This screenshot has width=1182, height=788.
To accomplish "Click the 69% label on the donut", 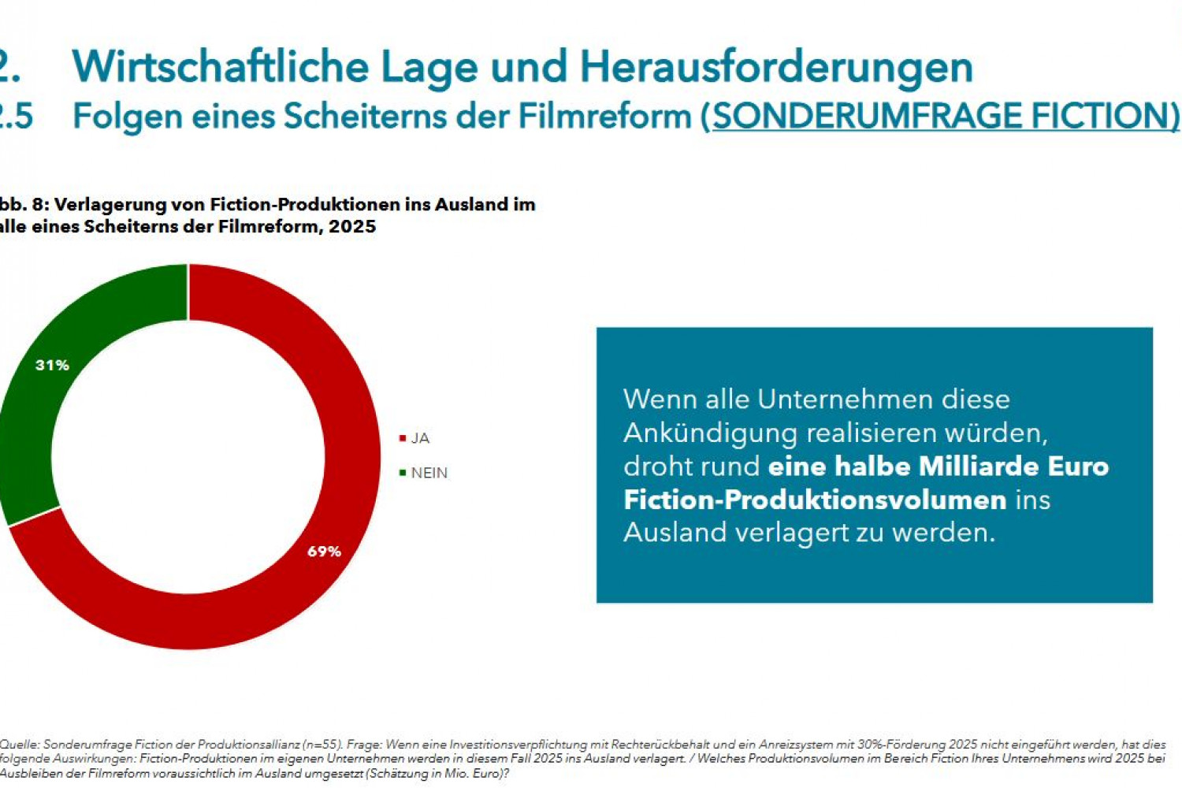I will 324,552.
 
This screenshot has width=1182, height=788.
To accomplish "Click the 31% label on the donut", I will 52,365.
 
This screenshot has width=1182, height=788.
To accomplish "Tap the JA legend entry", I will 420,438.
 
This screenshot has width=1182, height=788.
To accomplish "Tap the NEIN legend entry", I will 429,473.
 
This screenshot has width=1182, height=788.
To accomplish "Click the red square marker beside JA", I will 403,438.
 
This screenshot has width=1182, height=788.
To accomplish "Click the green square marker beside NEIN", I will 403,473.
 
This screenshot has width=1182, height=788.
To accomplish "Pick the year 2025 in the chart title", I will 352,227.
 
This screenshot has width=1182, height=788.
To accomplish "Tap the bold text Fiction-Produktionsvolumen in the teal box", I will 815,500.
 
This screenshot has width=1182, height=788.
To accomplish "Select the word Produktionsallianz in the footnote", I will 249,745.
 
